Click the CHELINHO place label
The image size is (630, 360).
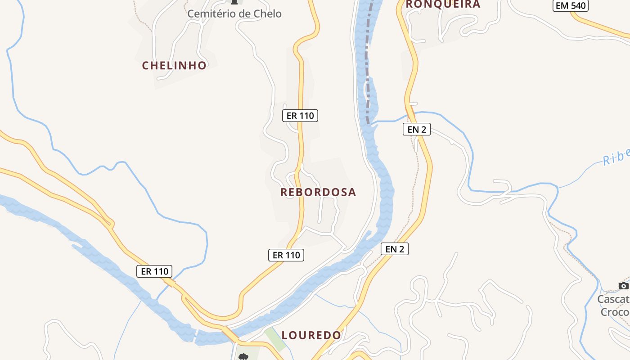[x=174, y=66]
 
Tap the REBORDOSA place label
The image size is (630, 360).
[x=318, y=192]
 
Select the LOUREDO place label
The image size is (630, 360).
[x=311, y=335]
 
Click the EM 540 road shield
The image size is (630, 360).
[x=571, y=5]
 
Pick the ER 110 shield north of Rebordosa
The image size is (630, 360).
[x=300, y=116]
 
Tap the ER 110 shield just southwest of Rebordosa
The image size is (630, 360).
[x=286, y=255]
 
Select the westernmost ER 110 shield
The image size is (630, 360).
[x=154, y=271]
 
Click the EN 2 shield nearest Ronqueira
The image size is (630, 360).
[x=417, y=130]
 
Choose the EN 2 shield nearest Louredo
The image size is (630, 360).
[x=395, y=249]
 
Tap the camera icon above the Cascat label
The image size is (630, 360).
[x=623, y=286]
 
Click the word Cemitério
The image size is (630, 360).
[x=212, y=14]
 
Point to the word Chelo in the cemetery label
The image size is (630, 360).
[x=267, y=14]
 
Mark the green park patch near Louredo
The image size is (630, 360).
[x=275, y=339]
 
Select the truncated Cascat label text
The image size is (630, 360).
[x=613, y=299]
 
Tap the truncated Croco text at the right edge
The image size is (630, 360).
[x=615, y=312]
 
